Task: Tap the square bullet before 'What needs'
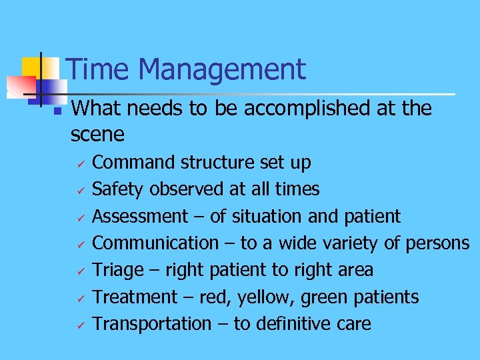[57, 110]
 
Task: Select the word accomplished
[309, 108]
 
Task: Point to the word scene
[97, 135]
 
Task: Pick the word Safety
[118, 189]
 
